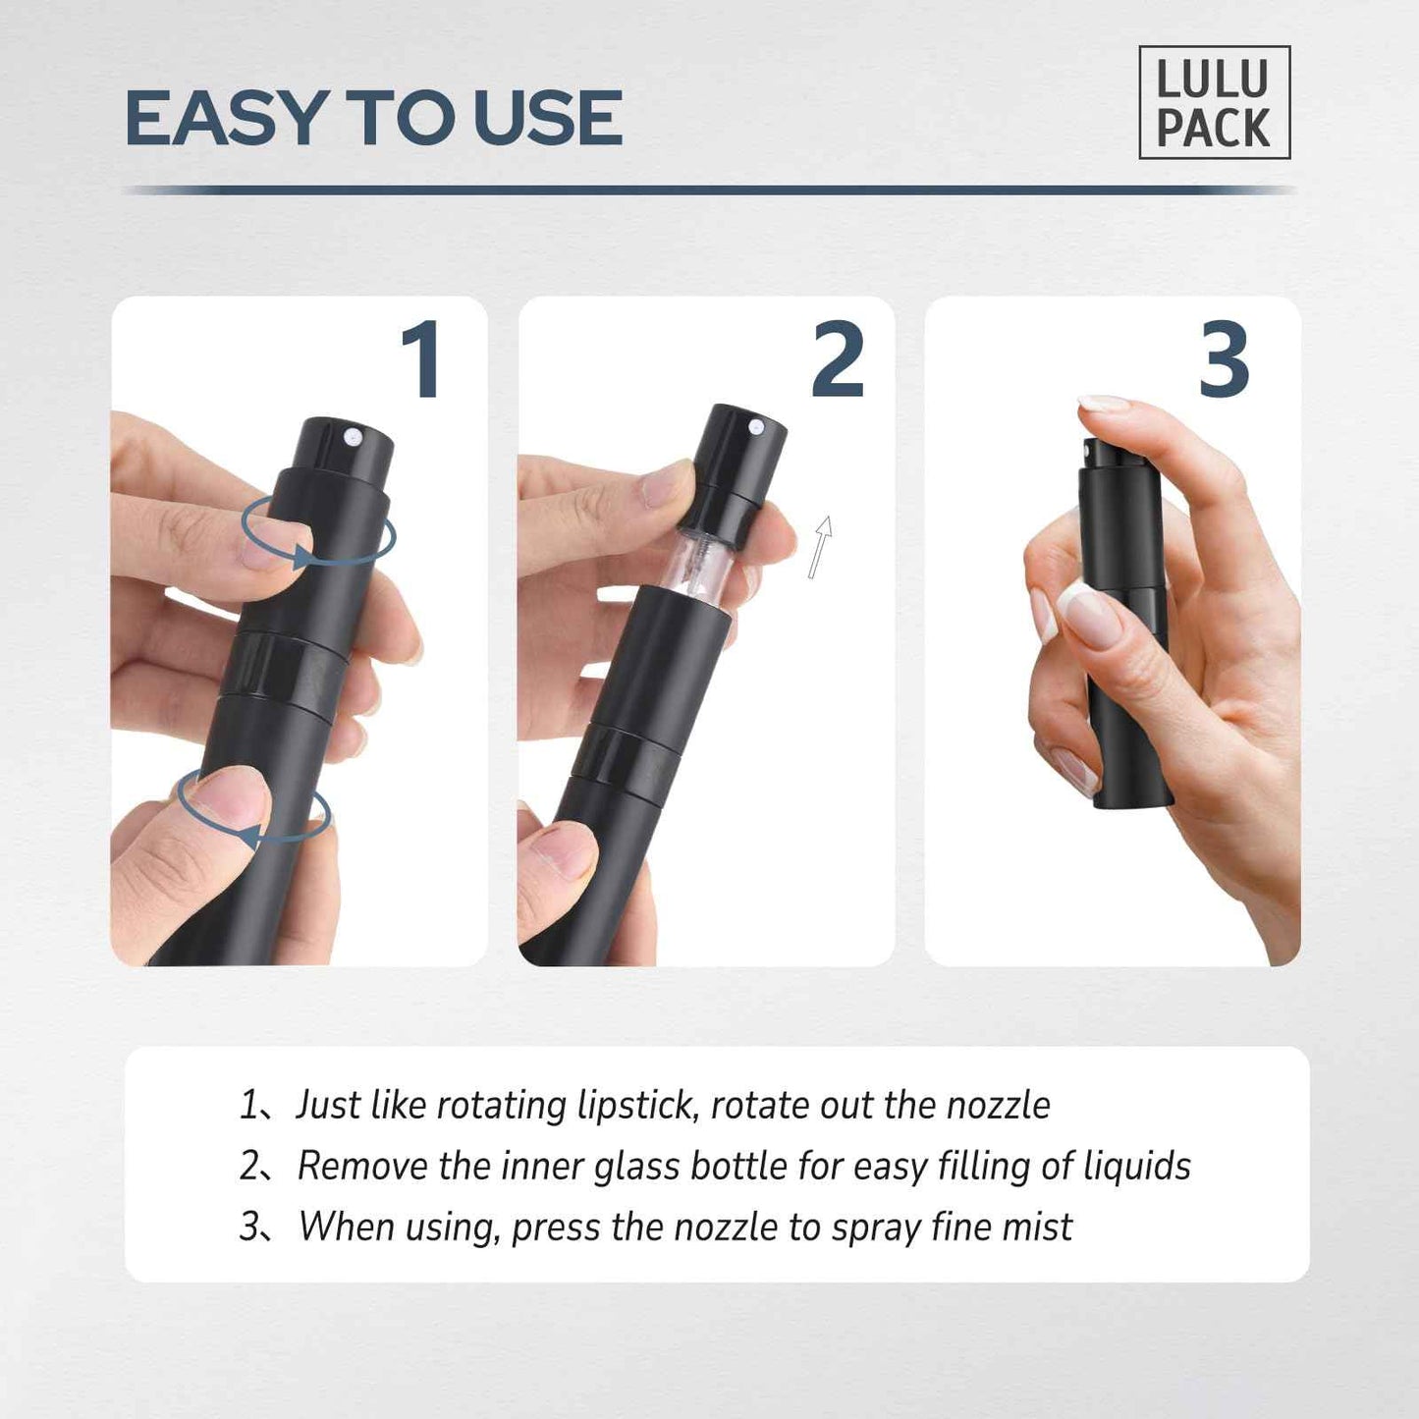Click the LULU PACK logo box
[1214, 103]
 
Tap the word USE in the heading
[547, 119]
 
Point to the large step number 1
[423, 360]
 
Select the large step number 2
[838, 360]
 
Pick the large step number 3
[1225, 360]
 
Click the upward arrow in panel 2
[820, 546]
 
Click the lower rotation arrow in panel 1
[253, 807]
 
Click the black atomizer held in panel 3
[1124, 628]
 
